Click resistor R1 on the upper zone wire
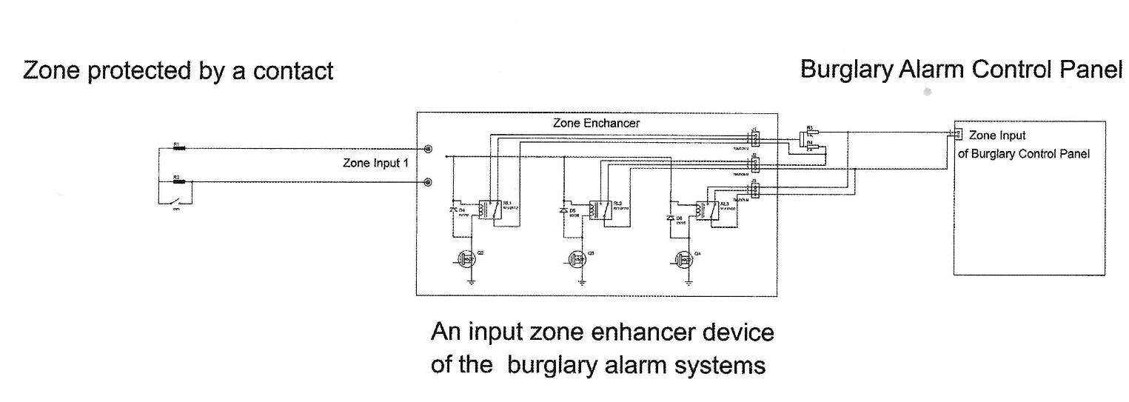[x=178, y=148]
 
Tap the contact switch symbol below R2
[x=177, y=200]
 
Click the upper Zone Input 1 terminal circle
[x=428, y=149]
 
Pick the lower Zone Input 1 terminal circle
[x=428, y=182]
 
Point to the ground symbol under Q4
[x=689, y=282]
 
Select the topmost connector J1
[x=754, y=138]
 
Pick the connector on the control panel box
[x=957, y=134]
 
